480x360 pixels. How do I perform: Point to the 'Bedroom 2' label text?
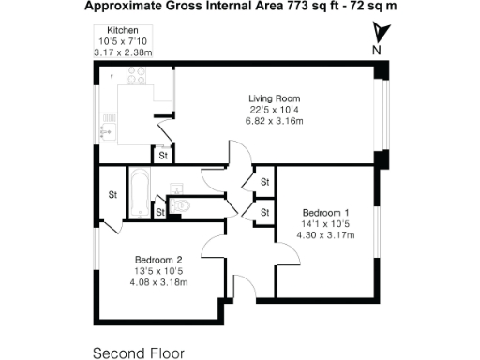point(157,260)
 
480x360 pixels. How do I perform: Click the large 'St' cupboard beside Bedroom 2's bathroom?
point(112,195)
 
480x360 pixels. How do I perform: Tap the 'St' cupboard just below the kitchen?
point(162,157)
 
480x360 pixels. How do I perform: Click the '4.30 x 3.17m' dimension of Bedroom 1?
point(326,235)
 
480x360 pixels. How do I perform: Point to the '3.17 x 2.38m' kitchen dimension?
point(125,53)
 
